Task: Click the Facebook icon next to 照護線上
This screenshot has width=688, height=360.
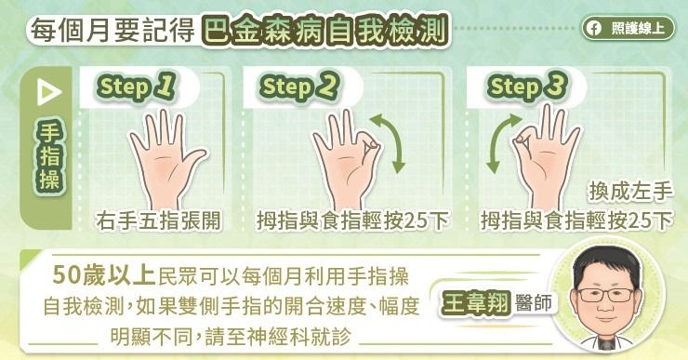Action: (x=594, y=29)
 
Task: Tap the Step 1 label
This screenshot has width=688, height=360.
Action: (x=137, y=87)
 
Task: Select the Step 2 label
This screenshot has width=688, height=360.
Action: (x=299, y=87)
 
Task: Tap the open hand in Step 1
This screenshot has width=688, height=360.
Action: (x=165, y=159)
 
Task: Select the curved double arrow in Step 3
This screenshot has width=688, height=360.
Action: (x=501, y=143)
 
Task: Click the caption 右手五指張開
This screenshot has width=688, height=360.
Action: (x=158, y=220)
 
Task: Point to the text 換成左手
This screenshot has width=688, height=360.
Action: (x=630, y=192)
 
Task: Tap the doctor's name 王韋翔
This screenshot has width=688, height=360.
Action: (x=476, y=303)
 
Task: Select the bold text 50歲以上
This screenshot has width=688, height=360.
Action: (x=104, y=275)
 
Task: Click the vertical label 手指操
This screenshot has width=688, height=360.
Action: (x=49, y=156)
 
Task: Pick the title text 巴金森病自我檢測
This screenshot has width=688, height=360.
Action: (x=325, y=31)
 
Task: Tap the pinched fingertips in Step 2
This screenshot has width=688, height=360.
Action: (x=372, y=143)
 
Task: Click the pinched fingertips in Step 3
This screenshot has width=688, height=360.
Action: (x=522, y=140)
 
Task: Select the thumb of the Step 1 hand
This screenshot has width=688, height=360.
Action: (x=192, y=161)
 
